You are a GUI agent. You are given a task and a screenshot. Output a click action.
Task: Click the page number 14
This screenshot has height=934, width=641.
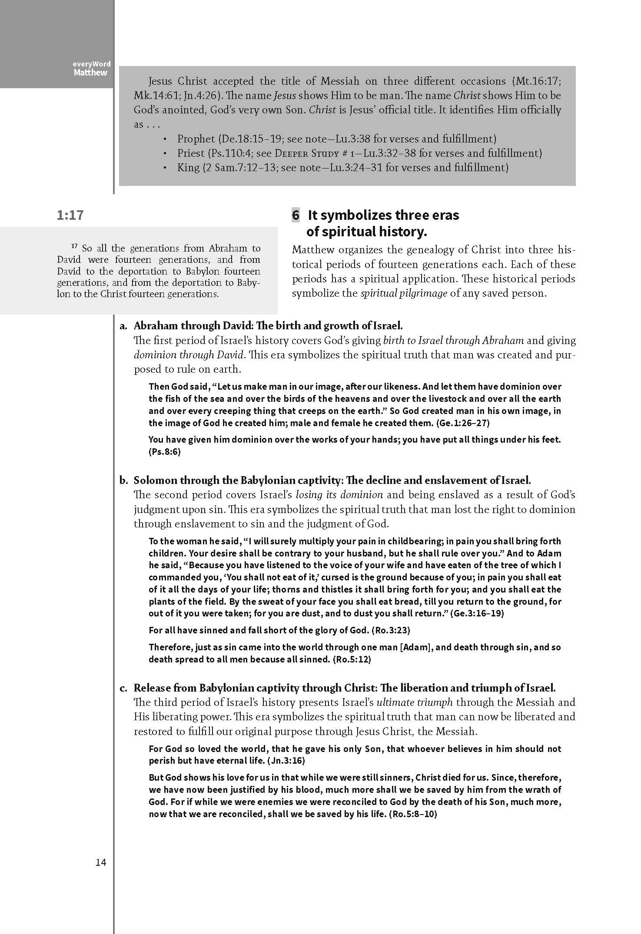101,862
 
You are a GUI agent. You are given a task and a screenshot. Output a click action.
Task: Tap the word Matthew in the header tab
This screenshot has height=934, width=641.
90,73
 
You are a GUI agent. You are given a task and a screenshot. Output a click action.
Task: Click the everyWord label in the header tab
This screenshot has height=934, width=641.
92,64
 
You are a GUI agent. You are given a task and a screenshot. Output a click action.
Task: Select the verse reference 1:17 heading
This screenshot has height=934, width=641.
70,215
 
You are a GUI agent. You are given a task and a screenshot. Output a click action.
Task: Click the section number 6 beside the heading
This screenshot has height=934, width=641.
296,215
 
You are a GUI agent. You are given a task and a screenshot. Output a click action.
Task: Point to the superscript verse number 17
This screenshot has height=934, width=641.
73,247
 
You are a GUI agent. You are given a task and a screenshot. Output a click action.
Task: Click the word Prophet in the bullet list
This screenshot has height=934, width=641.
196,139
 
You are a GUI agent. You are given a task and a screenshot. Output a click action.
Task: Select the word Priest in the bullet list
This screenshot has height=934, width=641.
190,153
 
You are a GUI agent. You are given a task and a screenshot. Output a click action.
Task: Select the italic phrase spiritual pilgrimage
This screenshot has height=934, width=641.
404,293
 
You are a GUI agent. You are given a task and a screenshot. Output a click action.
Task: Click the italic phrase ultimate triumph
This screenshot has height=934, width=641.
415,702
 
